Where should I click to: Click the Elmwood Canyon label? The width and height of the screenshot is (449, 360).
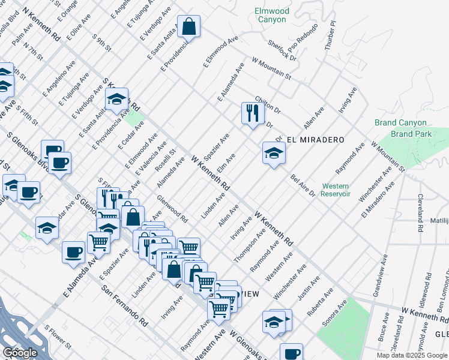(272, 15)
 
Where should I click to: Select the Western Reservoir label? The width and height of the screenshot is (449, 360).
(335, 190)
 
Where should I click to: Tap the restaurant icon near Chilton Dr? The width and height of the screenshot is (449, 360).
(252, 112)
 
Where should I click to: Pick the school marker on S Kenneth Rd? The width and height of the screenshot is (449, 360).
(116, 98)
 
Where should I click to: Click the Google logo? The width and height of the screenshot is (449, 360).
(19, 352)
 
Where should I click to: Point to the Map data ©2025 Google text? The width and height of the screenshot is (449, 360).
(412, 355)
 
